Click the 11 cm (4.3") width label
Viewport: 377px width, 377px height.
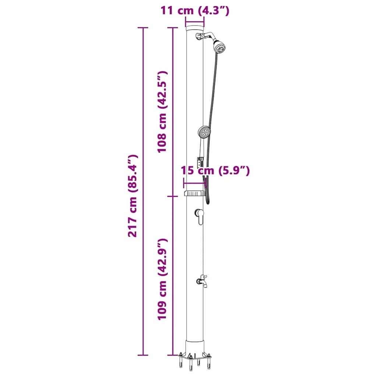195,10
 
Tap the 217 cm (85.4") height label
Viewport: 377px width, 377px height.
133,195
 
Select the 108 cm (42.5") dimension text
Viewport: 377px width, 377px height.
162,112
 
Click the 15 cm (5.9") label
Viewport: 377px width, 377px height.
215,170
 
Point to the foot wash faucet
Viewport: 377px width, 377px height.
201,281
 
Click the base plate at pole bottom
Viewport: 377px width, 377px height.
194,356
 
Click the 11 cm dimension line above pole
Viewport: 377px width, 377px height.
194,21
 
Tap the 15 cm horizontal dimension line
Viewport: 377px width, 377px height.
194,183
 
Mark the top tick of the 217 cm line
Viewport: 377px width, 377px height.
143,28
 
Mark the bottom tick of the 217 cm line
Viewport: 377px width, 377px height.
143,355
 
